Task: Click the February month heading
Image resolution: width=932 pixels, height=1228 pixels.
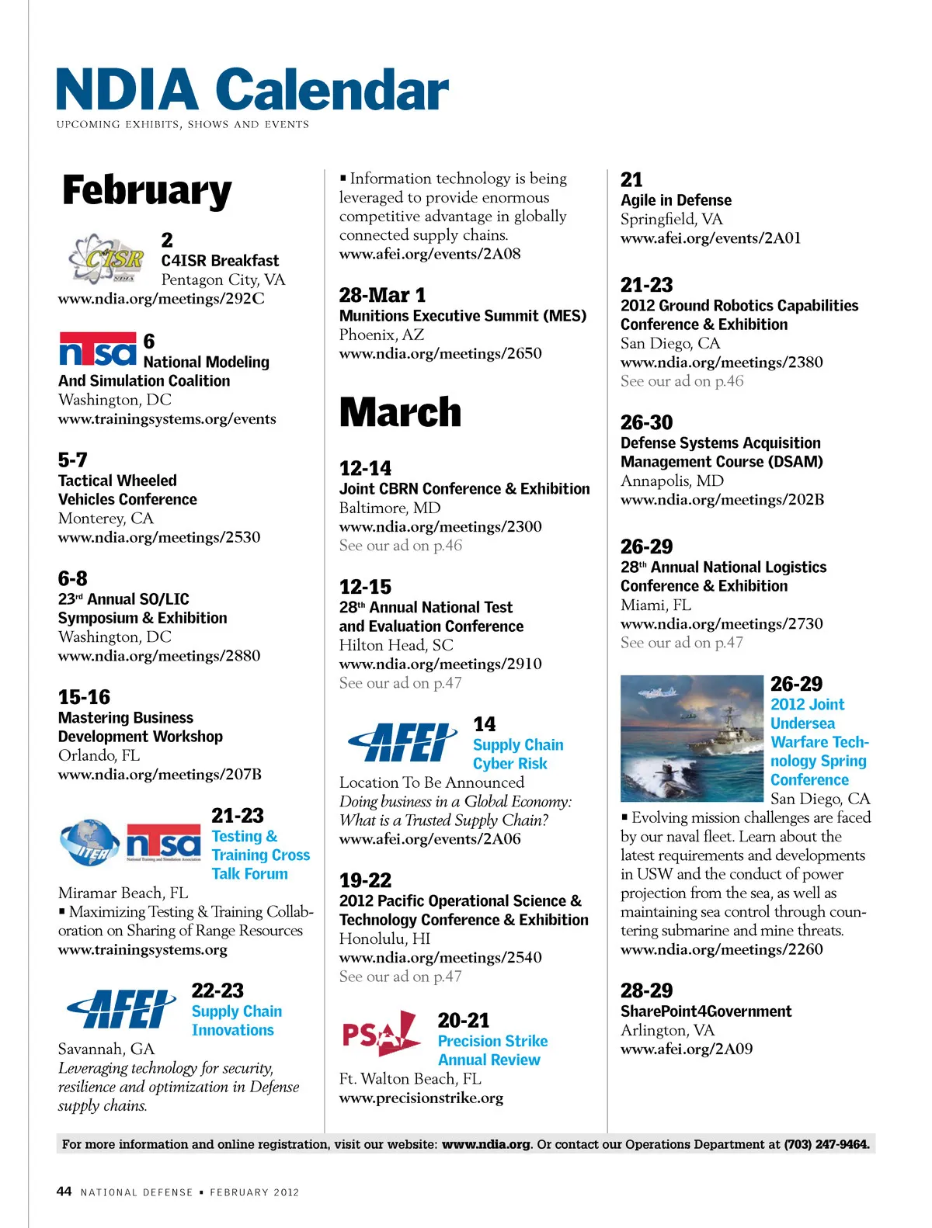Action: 147,191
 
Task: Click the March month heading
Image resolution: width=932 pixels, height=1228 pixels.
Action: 400,412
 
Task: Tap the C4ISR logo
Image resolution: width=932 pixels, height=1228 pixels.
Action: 106,258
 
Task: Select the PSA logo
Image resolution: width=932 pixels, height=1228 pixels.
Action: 381,1033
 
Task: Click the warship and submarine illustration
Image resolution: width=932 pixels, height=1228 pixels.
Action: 691,738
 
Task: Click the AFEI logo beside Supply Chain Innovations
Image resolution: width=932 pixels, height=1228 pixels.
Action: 121,1009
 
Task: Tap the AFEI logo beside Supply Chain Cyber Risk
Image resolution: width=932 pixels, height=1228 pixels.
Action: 402,742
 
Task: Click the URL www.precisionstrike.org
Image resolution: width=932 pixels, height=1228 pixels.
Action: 421,1098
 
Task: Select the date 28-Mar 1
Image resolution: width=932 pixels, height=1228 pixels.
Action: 382,295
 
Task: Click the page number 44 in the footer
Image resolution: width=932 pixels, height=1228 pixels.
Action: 64,1191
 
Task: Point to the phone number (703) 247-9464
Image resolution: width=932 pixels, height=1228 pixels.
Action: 826,1143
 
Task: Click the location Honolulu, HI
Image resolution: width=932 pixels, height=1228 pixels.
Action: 384,938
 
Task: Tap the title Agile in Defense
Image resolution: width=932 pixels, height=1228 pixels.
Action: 676,199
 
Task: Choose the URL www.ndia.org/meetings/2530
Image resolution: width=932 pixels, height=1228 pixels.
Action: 159,537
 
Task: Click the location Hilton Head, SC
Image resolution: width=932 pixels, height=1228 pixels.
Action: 396,645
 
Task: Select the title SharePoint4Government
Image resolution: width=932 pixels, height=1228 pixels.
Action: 706,1011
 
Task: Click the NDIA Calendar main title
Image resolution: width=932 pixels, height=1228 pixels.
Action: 252,90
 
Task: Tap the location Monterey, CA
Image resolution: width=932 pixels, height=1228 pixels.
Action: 106,518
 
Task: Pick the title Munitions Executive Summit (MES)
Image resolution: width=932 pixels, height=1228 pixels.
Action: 463,315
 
